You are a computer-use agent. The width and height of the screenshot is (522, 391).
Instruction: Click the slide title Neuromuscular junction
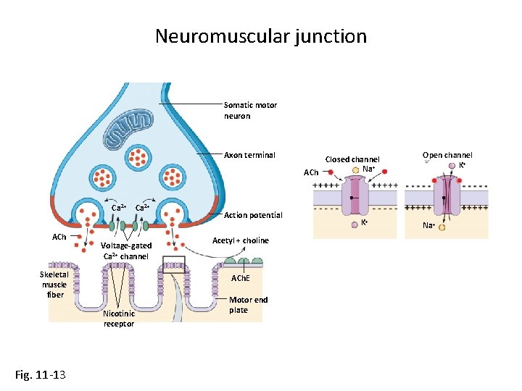261,36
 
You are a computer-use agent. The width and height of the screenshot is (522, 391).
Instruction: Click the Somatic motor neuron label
249,110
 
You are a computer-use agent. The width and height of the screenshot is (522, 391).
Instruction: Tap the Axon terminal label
249,155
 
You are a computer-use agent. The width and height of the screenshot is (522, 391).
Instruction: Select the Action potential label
253,215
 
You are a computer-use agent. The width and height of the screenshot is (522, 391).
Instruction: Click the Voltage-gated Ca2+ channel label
126,251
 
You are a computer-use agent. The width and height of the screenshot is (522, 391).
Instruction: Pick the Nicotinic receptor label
119,319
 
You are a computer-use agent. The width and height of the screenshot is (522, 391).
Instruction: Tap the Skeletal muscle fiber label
54,285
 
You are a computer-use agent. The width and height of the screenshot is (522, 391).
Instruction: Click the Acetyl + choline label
240,240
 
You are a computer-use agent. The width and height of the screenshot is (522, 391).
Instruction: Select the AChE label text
240,279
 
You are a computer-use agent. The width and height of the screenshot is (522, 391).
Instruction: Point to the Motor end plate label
248,305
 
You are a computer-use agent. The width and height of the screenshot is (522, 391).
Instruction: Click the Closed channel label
352,159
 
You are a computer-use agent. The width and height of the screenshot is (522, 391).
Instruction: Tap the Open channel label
447,155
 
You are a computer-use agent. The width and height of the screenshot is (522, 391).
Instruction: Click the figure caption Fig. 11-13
41,374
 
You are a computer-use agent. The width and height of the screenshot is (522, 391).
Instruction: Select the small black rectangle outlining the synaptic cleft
174,264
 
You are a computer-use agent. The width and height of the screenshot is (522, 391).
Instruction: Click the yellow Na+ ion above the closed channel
356,170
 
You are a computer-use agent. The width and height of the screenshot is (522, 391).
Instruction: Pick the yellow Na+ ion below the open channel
441,227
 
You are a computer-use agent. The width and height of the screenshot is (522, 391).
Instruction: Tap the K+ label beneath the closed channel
365,222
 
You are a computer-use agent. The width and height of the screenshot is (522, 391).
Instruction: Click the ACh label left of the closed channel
310,173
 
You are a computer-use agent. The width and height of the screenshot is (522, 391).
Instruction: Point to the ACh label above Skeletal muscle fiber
59,237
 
